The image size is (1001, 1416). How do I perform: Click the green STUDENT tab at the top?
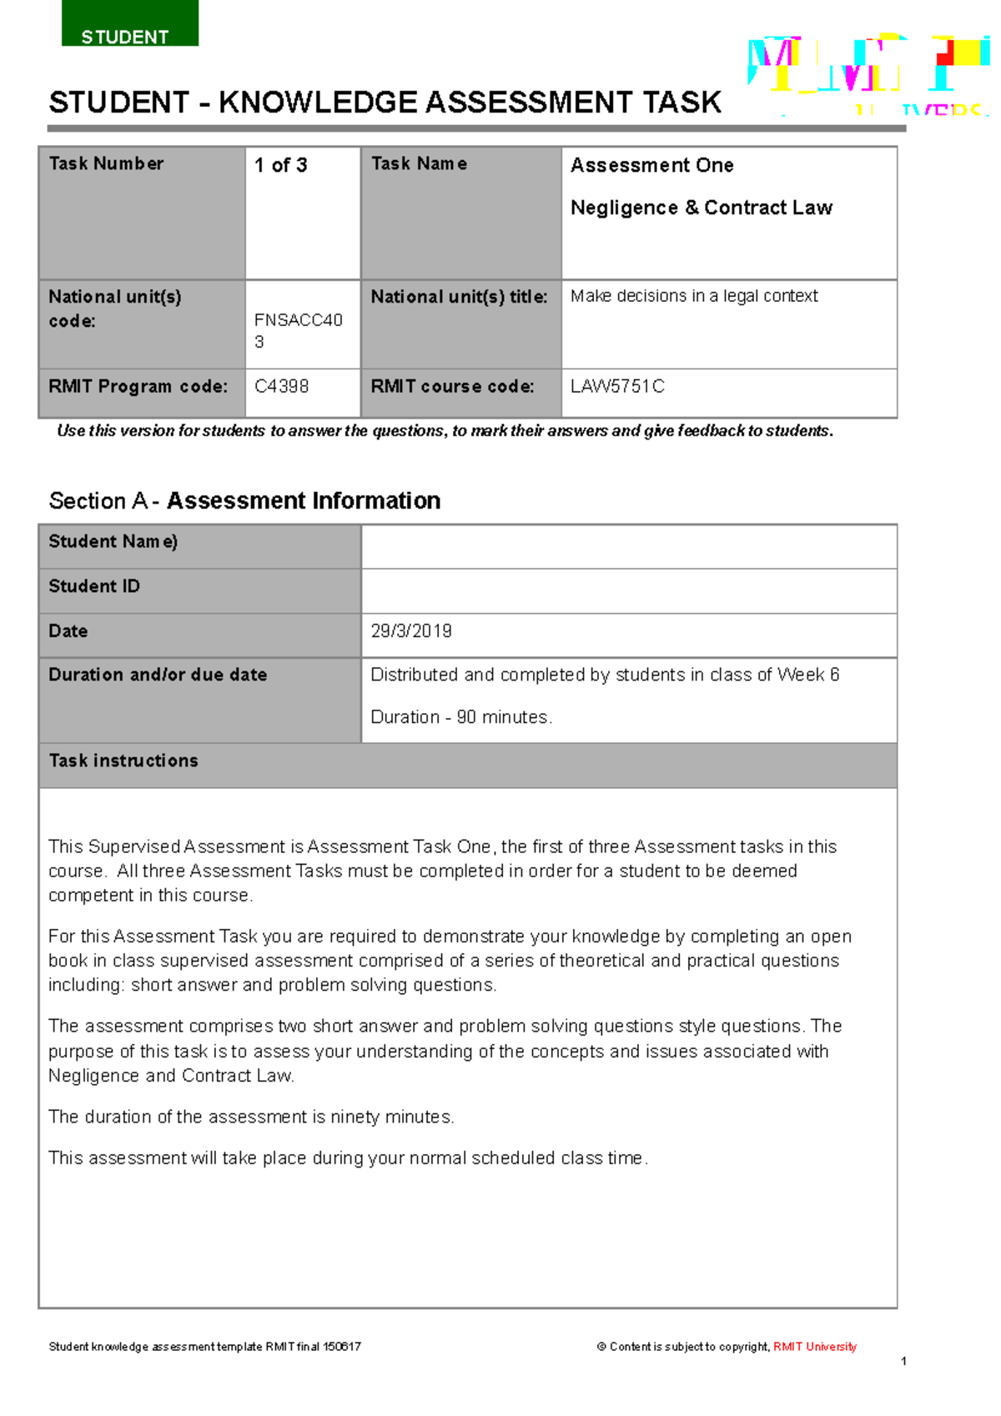tap(129, 25)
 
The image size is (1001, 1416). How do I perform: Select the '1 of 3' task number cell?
tap(281, 165)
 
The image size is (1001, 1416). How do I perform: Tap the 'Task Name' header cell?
tap(419, 164)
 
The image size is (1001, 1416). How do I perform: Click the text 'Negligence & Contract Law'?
tap(701, 208)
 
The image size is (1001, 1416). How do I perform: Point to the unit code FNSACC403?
tap(298, 330)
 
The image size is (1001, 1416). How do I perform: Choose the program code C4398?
tap(281, 386)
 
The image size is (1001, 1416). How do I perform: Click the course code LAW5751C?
tap(617, 386)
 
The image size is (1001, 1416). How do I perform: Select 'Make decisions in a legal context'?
tap(694, 296)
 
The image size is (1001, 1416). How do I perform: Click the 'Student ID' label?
tap(94, 586)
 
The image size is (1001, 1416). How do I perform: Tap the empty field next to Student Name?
tap(629, 547)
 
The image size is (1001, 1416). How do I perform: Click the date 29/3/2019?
tap(411, 631)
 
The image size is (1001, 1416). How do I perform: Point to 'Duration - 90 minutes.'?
tap(461, 717)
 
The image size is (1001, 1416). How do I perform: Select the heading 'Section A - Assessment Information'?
tap(244, 500)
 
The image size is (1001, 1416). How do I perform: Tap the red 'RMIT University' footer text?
tap(814, 1346)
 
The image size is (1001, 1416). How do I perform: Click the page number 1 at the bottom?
tap(903, 1361)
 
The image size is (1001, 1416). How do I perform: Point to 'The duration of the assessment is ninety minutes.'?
tap(251, 1117)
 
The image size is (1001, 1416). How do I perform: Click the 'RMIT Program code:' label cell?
tap(138, 386)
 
